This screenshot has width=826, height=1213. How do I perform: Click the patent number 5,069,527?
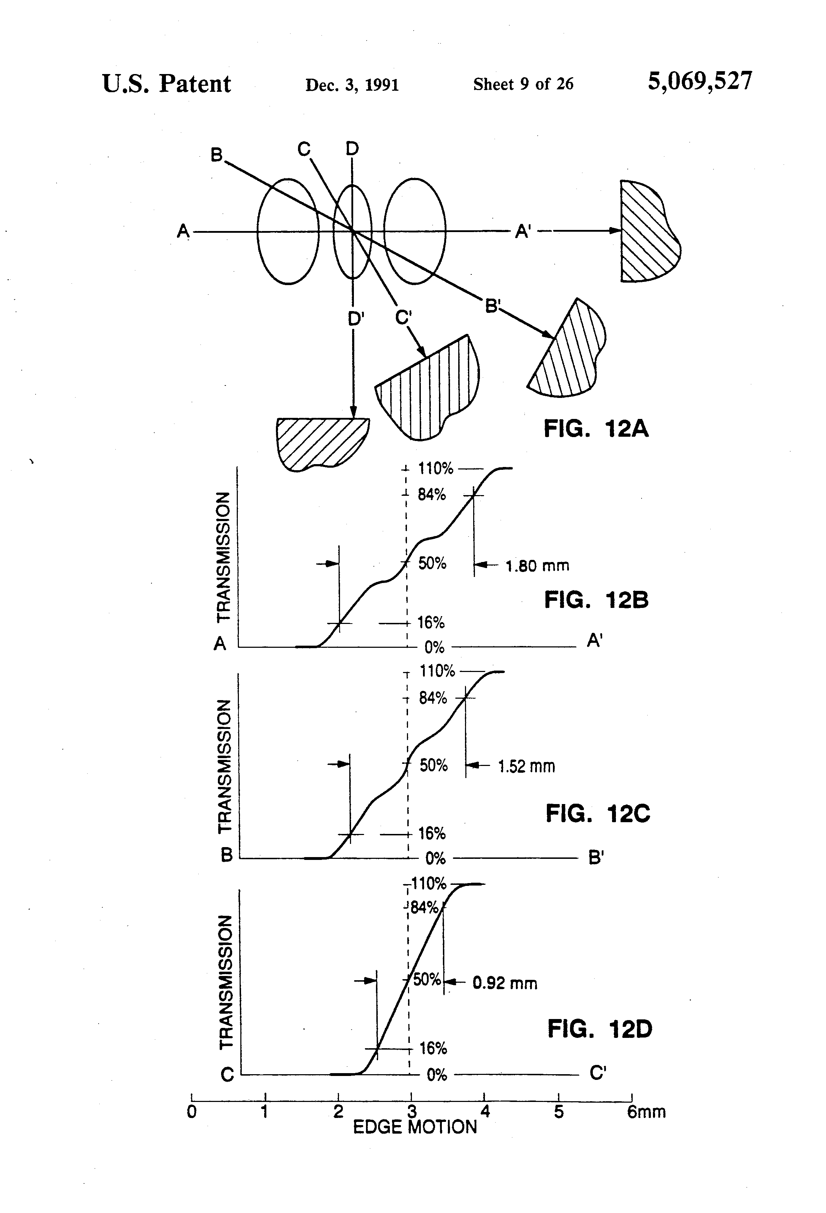click(700, 82)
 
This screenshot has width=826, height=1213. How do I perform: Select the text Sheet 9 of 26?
click(523, 84)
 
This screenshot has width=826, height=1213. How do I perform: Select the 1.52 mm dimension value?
click(526, 766)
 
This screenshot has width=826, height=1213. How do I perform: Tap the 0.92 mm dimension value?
click(505, 983)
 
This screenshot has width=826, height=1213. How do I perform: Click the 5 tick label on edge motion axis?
click(559, 1112)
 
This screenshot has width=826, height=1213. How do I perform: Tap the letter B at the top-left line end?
click(216, 155)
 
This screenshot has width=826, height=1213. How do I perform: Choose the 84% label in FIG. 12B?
click(432, 494)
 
